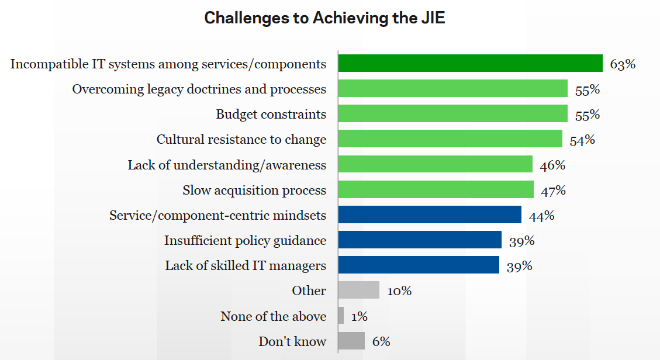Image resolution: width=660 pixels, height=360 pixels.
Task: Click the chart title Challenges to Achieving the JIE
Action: point(324,18)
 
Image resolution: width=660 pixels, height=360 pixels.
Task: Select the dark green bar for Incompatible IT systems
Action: point(470,63)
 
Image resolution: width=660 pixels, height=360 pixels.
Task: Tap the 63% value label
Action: point(623,64)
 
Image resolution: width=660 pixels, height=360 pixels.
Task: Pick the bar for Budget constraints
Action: point(452,113)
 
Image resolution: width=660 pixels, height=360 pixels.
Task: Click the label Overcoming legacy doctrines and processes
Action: point(199,89)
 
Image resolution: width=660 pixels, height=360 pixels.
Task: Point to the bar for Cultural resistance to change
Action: point(450,139)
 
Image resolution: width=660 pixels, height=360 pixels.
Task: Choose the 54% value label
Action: point(582,140)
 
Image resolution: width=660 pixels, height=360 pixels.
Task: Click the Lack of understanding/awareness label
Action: point(227,165)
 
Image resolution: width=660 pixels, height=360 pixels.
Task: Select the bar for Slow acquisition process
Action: point(436,190)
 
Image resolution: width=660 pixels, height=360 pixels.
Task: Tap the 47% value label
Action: point(553,191)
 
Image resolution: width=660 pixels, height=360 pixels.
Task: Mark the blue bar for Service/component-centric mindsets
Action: point(430,214)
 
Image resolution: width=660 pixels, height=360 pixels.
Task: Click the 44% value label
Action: point(541,216)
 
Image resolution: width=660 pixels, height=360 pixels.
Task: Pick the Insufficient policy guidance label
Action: point(245,241)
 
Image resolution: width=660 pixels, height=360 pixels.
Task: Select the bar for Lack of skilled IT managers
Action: point(419,265)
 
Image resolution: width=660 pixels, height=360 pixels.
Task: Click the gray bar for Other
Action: point(359,290)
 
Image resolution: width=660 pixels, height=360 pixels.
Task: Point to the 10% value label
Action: point(399,290)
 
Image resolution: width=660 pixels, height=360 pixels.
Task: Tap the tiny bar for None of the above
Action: point(341,316)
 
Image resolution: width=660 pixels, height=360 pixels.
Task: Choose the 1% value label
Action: point(359,316)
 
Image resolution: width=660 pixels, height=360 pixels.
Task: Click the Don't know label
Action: point(292,342)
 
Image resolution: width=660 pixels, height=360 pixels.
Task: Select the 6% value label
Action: point(381,342)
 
